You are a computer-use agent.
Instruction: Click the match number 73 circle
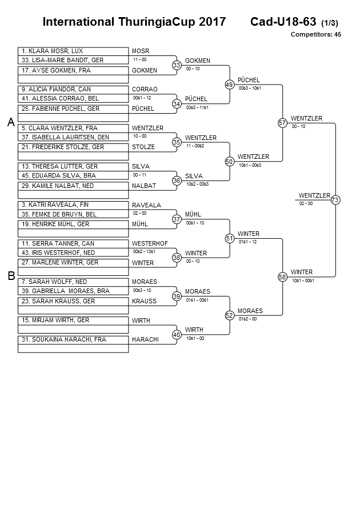tap(335, 199)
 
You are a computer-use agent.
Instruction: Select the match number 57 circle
tap(282, 123)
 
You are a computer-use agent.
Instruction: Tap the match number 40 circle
tap(177, 334)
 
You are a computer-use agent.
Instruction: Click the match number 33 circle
tap(177, 65)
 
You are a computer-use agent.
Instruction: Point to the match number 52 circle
tap(230, 315)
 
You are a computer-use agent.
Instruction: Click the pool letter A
tap(10, 122)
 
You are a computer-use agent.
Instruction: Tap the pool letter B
tap(10, 276)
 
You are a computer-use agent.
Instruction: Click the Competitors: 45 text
tap(315, 34)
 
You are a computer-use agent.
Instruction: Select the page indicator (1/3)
tap(330, 23)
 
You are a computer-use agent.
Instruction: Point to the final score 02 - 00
tap(306, 203)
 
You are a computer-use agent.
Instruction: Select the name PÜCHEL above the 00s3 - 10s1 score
tap(249, 80)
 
